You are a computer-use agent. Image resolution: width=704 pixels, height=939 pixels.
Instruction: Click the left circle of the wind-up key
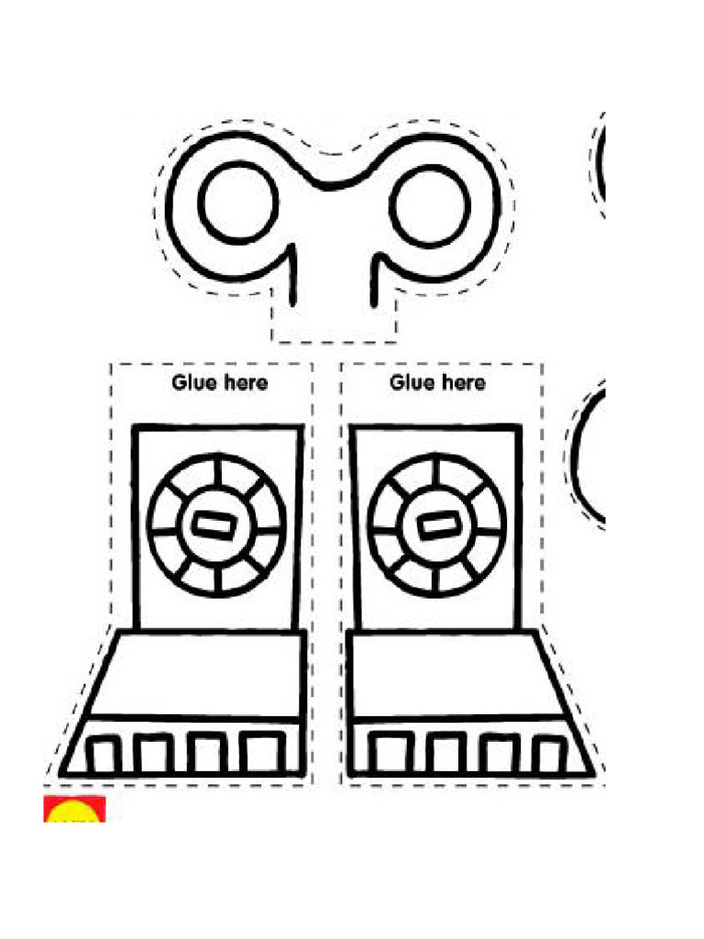(238, 203)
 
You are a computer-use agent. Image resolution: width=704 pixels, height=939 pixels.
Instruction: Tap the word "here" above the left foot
(246, 381)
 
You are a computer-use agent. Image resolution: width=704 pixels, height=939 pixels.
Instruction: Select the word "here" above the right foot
(463, 381)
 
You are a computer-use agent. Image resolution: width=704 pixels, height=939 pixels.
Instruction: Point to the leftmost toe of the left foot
(103, 756)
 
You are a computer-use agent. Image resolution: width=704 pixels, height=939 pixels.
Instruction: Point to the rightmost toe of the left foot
(263, 755)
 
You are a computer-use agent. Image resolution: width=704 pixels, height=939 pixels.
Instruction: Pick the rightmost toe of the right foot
(550, 756)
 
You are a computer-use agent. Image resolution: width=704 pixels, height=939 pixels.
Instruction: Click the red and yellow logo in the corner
(74, 809)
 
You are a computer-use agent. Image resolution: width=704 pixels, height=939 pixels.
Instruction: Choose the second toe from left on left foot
(153, 756)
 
